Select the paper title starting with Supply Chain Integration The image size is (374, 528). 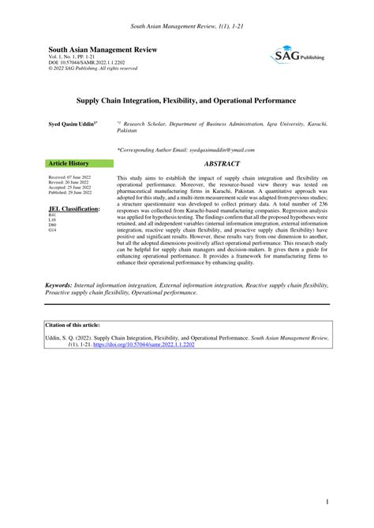(186, 102)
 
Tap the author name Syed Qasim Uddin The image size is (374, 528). (73, 125)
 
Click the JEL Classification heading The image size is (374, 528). (74, 209)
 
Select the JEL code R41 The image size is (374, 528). (53, 215)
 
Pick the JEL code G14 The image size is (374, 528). (53, 229)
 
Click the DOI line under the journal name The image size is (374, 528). (87, 63)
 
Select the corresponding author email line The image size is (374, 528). (174, 150)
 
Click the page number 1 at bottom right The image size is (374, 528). (325, 501)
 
